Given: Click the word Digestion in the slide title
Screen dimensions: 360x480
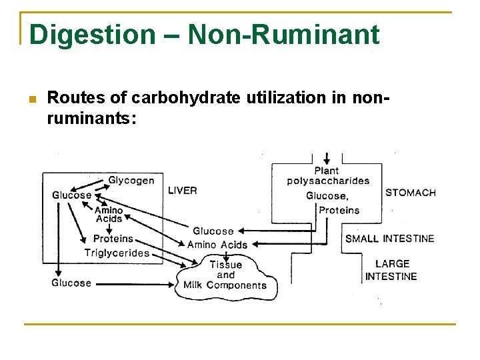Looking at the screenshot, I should click(x=91, y=35).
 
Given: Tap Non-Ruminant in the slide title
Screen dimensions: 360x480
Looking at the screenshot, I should click(x=283, y=35).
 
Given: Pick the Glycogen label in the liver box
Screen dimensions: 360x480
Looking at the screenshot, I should click(x=131, y=180).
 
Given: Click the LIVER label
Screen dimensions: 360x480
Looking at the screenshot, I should click(x=182, y=191).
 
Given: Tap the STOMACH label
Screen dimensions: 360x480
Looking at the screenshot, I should click(x=410, y=193).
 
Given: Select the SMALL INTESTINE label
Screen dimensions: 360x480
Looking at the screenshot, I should click(x=389, y=239).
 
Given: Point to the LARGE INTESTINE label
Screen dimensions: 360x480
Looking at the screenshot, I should click(x=391, y=270).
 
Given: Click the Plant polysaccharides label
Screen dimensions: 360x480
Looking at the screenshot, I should click(x=328, y=176).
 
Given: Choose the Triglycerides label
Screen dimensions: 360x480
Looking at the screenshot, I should click(x=117, y=253).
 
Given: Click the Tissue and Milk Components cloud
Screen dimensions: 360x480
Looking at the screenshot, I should click(x=225, y=275).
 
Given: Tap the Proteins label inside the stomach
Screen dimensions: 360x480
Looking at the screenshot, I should click(x=339, y=210).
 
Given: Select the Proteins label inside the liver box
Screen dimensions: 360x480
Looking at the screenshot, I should click(x=113, y=239).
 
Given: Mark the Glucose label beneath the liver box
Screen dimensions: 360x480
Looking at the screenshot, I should click(x=71, y=283).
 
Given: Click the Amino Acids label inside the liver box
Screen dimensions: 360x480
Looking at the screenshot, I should click(x=109, y=214).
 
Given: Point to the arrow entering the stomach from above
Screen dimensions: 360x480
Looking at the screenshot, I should click(x=326, y=158).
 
